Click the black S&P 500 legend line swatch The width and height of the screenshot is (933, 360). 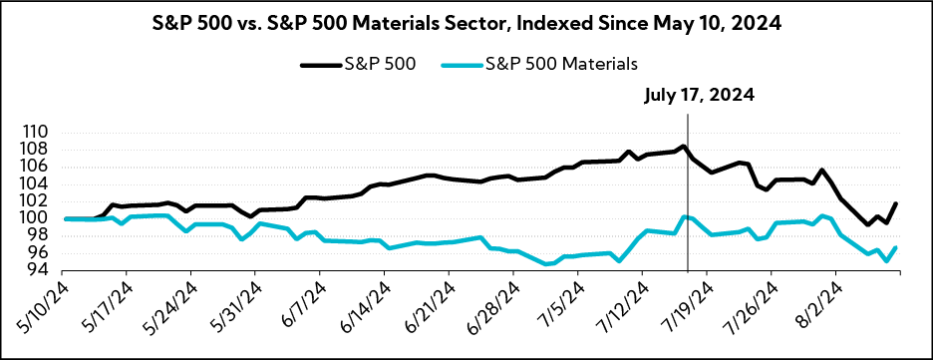tap(321, 64)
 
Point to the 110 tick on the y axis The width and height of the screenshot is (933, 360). tap(48, 133)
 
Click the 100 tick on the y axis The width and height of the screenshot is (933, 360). tap(48, 218)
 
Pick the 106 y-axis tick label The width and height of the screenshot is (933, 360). tap(48, 167)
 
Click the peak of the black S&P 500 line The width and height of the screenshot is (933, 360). tap(684, 147)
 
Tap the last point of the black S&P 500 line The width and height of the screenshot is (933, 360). tap(896, 203)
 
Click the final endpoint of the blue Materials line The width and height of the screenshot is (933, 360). tap(896, 247)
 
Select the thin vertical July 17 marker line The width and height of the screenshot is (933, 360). tap(689, 199)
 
